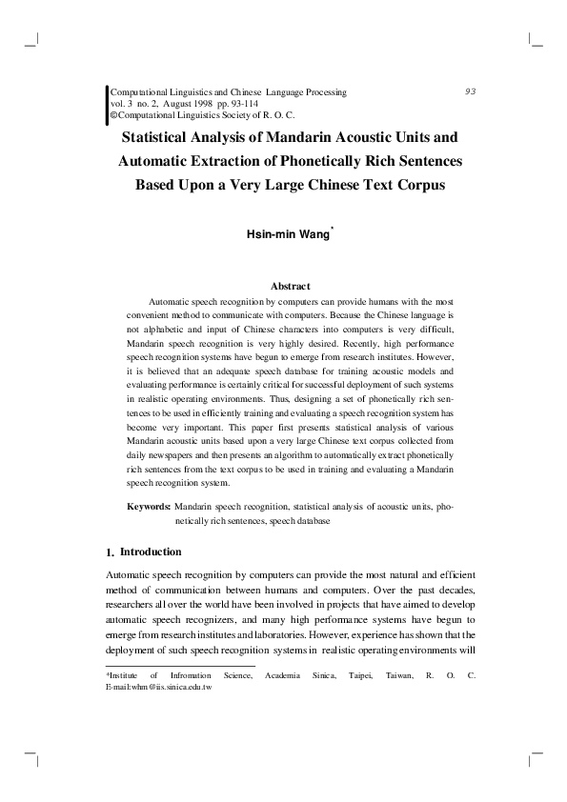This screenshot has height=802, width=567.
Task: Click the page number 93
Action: (x=470, y=91)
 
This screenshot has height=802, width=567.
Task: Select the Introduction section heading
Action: (x=151, y=552)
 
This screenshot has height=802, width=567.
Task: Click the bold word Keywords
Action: (x=149, y=508)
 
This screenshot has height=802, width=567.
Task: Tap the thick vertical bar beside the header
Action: (x=106, y=102)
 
